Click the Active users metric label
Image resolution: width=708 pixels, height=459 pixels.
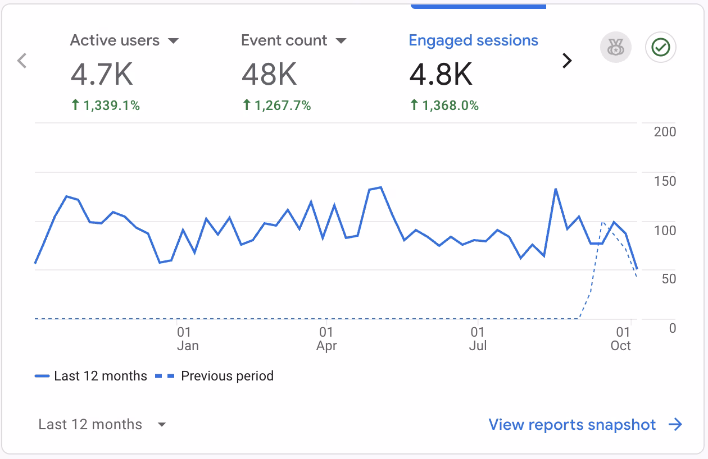tap(115, 41)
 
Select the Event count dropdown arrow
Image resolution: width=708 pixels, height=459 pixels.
tap(341, 41)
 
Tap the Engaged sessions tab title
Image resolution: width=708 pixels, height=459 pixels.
tap(473, 41)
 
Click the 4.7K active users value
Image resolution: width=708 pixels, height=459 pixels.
tap(102, 75)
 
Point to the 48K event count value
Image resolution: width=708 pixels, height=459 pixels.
tap(269, 75)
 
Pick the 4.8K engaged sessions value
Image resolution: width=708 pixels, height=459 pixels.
tap(441, 75)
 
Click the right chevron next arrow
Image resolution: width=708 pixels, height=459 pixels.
tap(567, 61)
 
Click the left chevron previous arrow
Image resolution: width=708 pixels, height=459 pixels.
tap(22, 61)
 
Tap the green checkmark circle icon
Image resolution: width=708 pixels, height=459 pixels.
tap(661, 48)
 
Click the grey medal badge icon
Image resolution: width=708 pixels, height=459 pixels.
tap(616, 48)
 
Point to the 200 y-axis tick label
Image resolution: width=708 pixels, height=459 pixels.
tap(665, 132)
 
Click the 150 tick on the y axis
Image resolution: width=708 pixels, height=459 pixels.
tap(665, 181)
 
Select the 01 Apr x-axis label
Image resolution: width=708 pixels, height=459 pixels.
tap(326, 339)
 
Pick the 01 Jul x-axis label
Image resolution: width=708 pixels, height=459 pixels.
tap(478, 339)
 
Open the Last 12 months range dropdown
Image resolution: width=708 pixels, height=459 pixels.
tap(102, 425)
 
